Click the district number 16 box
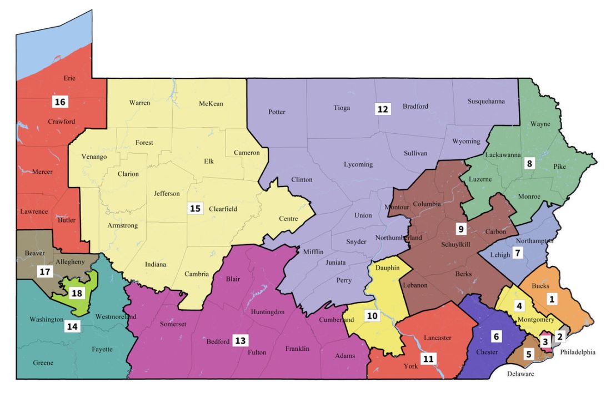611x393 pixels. [59, 102]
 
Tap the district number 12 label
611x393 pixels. [382, 109]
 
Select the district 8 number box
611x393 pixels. [529, 164]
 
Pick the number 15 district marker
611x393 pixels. [195, 209]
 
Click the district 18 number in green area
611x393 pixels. [77, 293]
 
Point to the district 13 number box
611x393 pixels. [240, 340]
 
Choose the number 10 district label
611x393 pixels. [372, 316]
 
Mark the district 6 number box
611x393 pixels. [497, 336]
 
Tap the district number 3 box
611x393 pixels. [545, 342]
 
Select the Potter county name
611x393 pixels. [277, 112]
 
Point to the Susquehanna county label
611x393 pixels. [486, 102]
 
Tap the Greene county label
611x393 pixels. [43, 363]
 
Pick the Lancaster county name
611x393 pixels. [437, 337]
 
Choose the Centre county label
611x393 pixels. [288, 219]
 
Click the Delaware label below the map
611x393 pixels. [520, 374]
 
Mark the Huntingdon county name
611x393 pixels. [267, 311]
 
